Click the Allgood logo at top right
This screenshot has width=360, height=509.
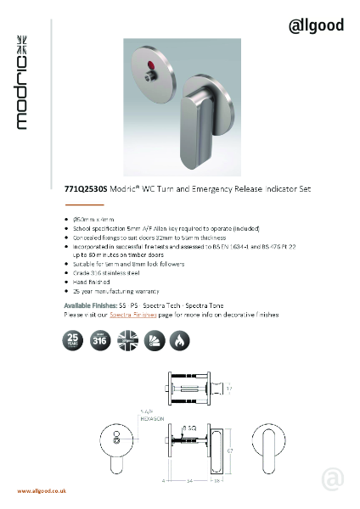[316, 25]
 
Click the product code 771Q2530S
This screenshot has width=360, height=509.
[84, 193]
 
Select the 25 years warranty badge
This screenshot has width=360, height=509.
[72, 340]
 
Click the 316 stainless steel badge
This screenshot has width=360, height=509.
[100, 340]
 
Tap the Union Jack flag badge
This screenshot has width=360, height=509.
[127, 340]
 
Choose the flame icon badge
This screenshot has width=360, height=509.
[182, 340]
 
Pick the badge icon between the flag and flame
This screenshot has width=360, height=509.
[155, 340]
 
